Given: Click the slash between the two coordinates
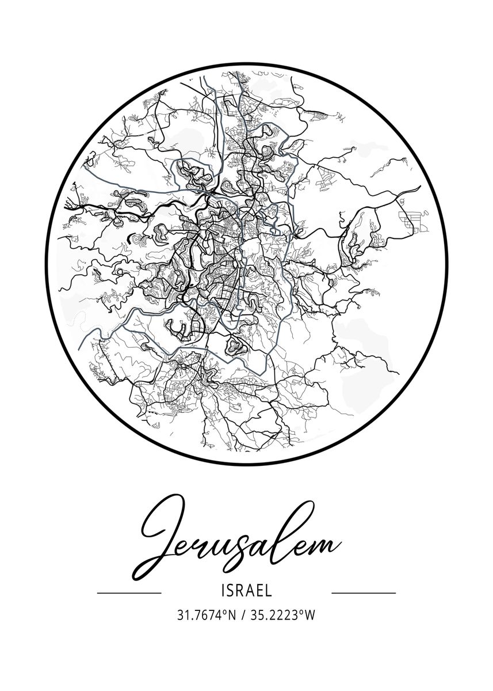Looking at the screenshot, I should pos(243,616).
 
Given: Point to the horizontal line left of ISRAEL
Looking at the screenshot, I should pos(129,592).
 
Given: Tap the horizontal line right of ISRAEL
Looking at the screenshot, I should pos(364,592).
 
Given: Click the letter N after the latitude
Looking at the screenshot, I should pos(232,616).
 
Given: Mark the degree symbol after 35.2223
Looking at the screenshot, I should pos(302,612).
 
